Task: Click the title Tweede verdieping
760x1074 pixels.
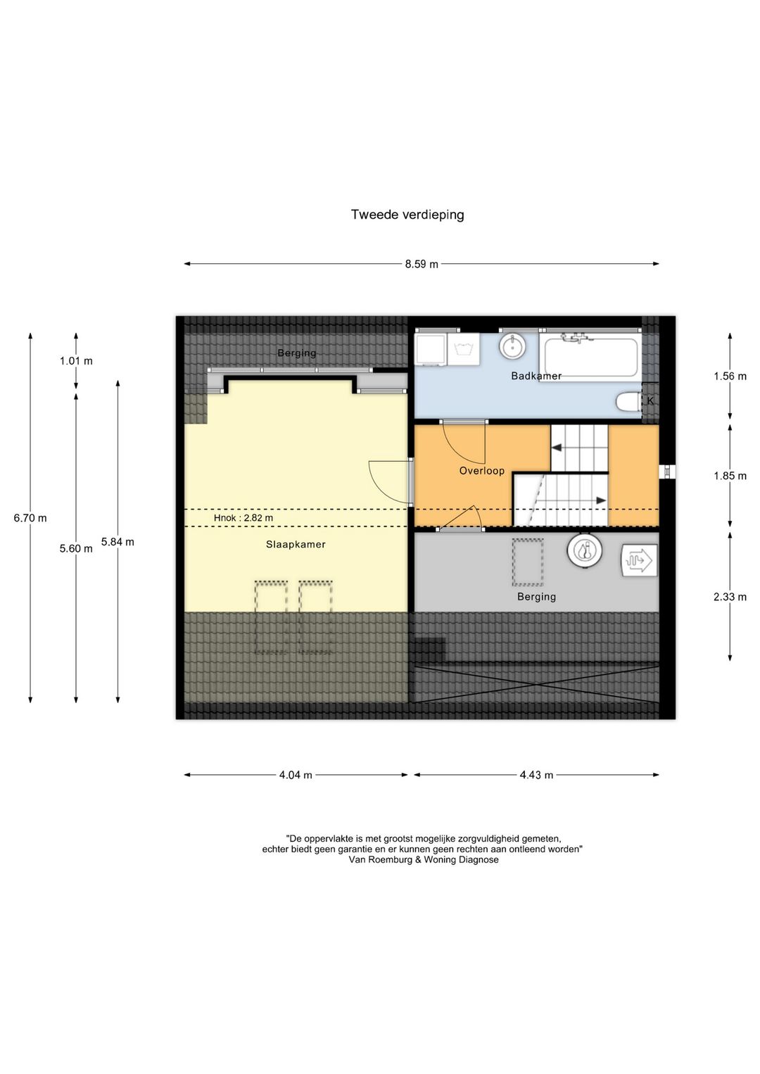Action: [x=407, y=215]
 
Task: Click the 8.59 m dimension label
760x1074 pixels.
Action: [x=422, y=264]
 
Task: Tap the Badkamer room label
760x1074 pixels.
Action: [x=536, y=376]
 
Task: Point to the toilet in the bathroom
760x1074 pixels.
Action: [x=628, y=402]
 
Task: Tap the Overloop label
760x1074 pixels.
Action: [x=482, y=471]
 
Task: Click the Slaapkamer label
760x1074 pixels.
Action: [x=296, y=544]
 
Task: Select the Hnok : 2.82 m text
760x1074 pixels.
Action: [x=243, y=518]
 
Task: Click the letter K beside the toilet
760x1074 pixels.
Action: [x=650, y=401]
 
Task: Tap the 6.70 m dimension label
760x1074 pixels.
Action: [x=30, y=518]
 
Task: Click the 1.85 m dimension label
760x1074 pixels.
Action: [x=730, y=476]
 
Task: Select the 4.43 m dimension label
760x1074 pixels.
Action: [x=536, y=776]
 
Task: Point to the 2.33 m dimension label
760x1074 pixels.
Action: [x=730, y=597]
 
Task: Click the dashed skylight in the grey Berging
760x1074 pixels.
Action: [x=528, y=562]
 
